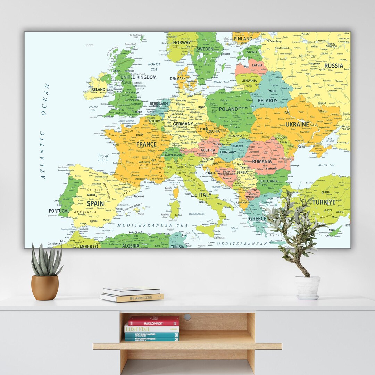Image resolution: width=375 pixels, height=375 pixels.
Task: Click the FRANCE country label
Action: pyautogui.click(x=146, y=144)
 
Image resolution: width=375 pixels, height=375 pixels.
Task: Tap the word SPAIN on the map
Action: pyautogui.click(x=95, y=203)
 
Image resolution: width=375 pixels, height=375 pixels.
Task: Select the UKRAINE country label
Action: pyautogui.click(x=297, y=124)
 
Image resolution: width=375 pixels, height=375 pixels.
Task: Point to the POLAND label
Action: pyautogui.click(x=228, y=109)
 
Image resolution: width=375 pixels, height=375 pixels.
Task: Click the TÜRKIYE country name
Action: pyautogui.click(x=324, y=202)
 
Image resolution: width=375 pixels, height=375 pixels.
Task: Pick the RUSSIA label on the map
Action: pyautogui.click(x=333, y=66)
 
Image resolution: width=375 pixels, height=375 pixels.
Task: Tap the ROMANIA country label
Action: pyautogui.click(x=262, y=161)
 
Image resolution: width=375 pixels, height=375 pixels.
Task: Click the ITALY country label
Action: pyautogui.click(x=205, y=195)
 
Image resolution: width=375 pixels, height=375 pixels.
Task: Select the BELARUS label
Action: pyautogui.click(x=267, y=101)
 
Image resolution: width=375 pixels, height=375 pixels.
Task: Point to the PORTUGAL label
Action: pyautogui.click(x=59, y=211)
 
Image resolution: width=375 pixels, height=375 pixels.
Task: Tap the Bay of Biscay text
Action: pyautogui.click(x=103, y=158)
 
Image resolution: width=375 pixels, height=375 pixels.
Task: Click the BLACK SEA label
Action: pyautogui.click(x=326, y=165)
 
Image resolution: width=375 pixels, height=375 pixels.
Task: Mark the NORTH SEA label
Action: pyautogui.click(x=154, y=67)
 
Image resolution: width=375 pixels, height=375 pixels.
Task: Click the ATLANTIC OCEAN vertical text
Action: pyautogui.click(x=44, y=132)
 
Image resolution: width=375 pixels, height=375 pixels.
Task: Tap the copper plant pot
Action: pyautogui.click(x=45, y=287)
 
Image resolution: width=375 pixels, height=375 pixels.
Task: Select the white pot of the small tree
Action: pyautogui.click(x=308, y=287)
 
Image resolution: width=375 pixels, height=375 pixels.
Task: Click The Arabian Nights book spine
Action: pyautogui.click(x=132, y=298)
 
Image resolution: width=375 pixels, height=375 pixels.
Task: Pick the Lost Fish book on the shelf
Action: pyautogui.click(x=152, y=328)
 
